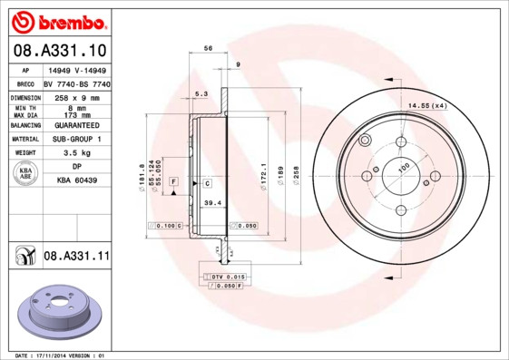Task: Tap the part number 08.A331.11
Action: coord(76,257)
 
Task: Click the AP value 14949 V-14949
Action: coord(75,69)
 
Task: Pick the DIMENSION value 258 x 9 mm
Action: coord(76,96)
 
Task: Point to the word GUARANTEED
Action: coord(76,124)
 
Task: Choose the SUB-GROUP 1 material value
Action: coord(76,139)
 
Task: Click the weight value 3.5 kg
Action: coord(76,153)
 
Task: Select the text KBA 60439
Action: coord(77,180)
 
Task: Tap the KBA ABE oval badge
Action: coord(26,173)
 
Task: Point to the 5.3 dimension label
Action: coord(201,93)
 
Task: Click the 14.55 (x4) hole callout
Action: coord(427,107)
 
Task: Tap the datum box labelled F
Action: coord(172,183)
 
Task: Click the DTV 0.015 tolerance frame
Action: coord(228,275)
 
